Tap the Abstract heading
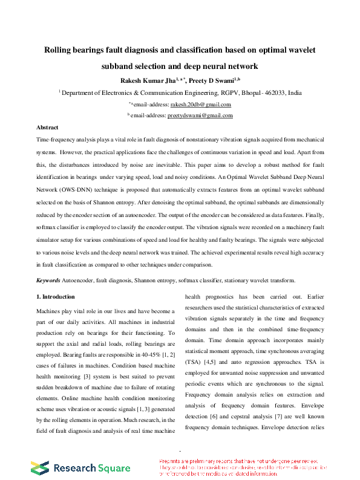pyautogui.click(x=47, y=128)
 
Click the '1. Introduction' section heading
pyautogui.click(x=56, y=297)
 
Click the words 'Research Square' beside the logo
pyautogui.click(x=91, y=468)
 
